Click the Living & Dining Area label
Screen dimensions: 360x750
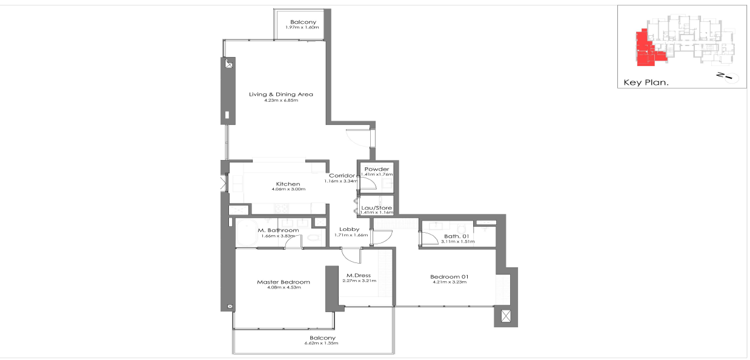pos(281,95)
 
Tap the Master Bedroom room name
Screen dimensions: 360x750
pos(284,282)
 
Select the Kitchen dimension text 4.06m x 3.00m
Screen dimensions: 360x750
pos(288,189)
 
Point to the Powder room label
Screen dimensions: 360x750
pos(377,169)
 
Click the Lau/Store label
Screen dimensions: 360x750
pos(376,208)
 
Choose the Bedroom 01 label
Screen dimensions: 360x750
pos(451,276)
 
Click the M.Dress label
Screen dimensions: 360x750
pos(354,276)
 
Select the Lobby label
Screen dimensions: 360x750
pos(350,229)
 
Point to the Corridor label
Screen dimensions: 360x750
pos(342,176)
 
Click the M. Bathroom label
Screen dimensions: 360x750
pos(278,230)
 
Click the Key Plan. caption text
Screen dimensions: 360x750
pos(645,82)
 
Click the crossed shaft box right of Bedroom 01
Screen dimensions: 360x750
pos(506,316)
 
